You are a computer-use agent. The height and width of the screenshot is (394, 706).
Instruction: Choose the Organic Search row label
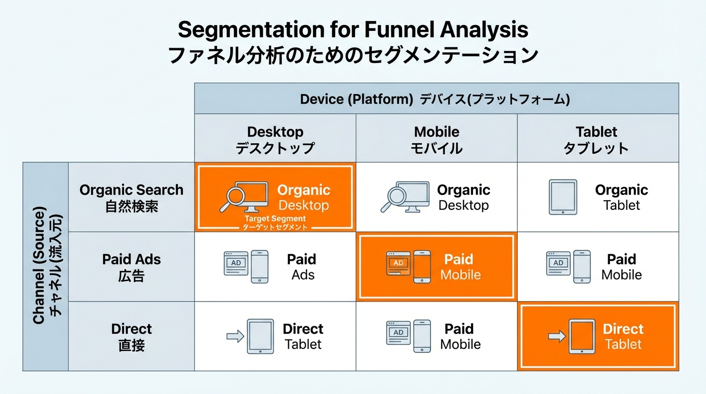(131, 198)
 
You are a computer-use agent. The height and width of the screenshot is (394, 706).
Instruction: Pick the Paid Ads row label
(131, 267)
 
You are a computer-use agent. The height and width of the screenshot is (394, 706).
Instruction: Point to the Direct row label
(131, 336)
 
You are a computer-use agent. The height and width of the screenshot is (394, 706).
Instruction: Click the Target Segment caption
(275, 219)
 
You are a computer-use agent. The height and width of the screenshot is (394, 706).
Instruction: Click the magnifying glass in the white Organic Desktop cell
(395, 197)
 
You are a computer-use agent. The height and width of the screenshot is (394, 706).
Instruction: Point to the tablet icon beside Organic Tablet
(563, 197)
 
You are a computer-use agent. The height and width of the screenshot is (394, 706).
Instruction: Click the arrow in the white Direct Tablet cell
(235, 337)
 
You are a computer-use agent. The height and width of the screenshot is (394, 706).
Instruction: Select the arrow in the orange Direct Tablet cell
(556, 337)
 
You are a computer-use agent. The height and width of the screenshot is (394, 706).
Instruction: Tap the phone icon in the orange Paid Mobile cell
(422, 266)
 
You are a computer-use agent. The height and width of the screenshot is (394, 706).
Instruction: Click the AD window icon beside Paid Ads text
(237, 263)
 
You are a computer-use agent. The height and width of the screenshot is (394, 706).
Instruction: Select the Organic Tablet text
(621, 198)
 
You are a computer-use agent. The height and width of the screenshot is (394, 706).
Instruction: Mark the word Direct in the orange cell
(623, 329)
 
